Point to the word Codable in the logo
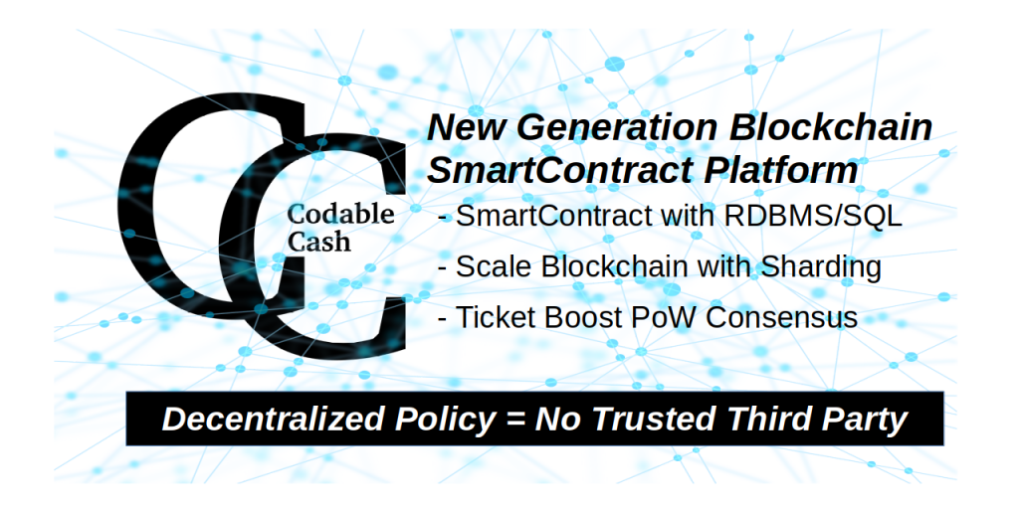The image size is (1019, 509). point(340,214)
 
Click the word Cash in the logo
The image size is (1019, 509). point(319,241)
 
